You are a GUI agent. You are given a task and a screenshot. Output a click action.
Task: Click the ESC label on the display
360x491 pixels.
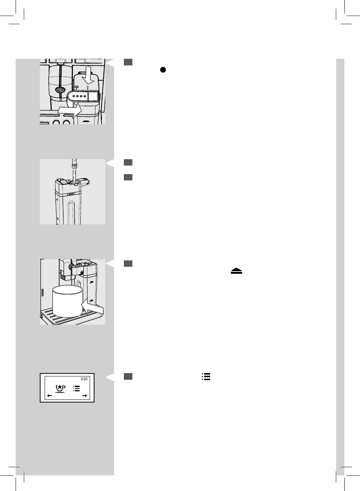tap(85, 379)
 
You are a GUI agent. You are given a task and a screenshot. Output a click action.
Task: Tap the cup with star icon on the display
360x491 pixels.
tap(60, 388)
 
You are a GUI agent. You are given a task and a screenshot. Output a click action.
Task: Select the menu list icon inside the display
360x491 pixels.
tap(76, 389)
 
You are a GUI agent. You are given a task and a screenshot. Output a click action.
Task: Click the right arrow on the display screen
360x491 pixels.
tap(85, 396)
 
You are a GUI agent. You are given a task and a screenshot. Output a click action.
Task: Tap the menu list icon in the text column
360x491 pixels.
tap(206, 376)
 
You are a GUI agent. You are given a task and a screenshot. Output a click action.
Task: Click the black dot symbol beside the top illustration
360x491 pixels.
tap(163, 70)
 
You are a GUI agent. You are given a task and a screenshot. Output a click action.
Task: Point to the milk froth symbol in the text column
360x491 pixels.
tap(236, 272)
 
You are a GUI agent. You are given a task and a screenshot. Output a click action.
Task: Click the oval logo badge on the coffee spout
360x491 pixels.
tap(60, 90)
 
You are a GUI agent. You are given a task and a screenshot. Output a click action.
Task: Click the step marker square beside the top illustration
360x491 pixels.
tap(128, 62)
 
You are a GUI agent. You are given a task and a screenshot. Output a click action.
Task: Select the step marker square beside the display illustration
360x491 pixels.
tap(128, 376)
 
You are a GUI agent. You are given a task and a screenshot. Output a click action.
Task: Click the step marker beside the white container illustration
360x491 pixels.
tap(128, 264)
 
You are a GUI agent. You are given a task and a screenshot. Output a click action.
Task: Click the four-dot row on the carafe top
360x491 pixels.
tap(79, 96)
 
